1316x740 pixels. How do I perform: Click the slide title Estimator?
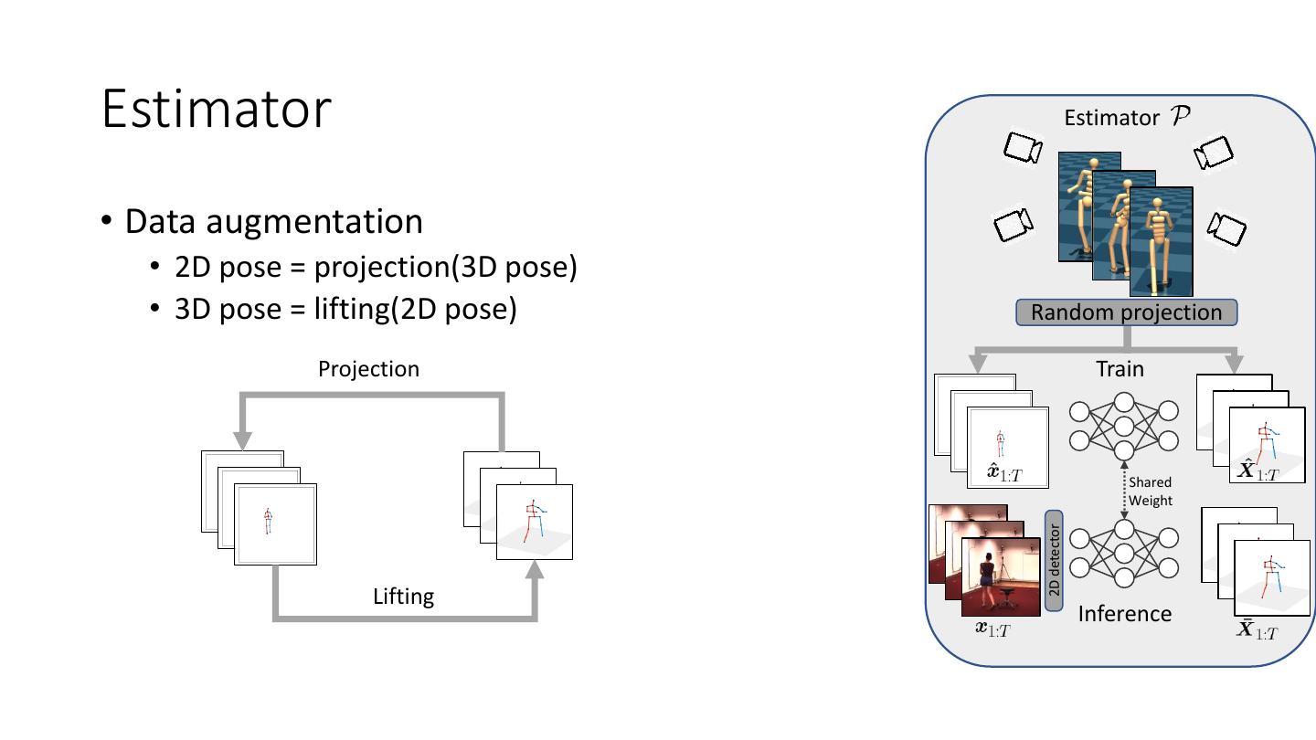coord(216,109)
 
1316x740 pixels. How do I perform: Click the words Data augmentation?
coord(273,222)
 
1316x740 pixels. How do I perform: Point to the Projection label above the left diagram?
coord(368,369)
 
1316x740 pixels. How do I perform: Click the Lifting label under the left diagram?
coord(403,597)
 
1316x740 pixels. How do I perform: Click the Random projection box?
coord(1126,312)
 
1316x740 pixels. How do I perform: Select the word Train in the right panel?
coord(1120,369)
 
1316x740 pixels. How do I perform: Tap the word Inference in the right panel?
coord(1124,614)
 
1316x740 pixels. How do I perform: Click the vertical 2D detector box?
coord(1054,560)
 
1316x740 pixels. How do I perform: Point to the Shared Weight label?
coord(1150,491)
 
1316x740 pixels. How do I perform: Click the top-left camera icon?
coord(1022,147)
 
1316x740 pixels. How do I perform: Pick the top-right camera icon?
coord(1214,153)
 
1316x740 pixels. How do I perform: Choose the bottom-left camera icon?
coord(1013,224)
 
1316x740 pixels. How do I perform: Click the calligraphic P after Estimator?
coord(1180,116)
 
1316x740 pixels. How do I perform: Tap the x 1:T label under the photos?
coord(992,628)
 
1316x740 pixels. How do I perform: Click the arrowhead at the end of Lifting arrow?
coord(535,570)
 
